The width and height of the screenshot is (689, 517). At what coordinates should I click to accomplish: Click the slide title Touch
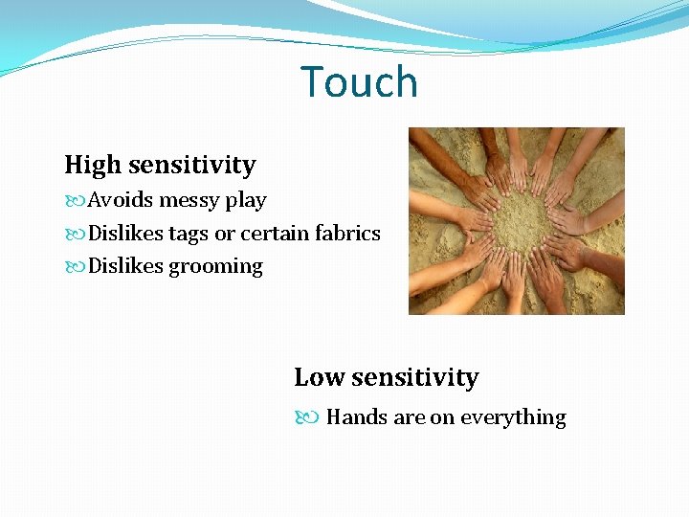360,82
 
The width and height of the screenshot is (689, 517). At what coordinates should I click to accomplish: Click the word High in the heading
93,166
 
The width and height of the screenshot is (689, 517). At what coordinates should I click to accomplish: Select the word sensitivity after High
191,166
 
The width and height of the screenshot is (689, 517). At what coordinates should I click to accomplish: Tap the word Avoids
121,200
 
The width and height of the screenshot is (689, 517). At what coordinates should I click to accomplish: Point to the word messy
189,201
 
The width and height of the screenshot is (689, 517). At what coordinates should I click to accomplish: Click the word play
246,201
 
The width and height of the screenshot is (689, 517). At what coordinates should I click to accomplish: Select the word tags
188,234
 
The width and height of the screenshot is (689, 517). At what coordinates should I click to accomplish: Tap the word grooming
215,267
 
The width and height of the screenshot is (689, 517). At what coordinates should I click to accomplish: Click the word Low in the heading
319,378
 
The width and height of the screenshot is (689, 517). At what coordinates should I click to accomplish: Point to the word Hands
357,417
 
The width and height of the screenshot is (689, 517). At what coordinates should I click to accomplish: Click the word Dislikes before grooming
125,266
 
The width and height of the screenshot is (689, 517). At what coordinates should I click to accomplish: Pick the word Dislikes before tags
125,234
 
